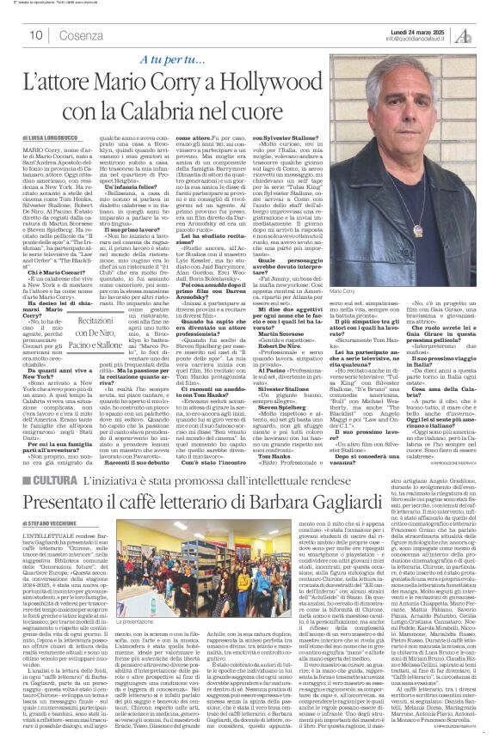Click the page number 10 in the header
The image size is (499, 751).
pos(36,34)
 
